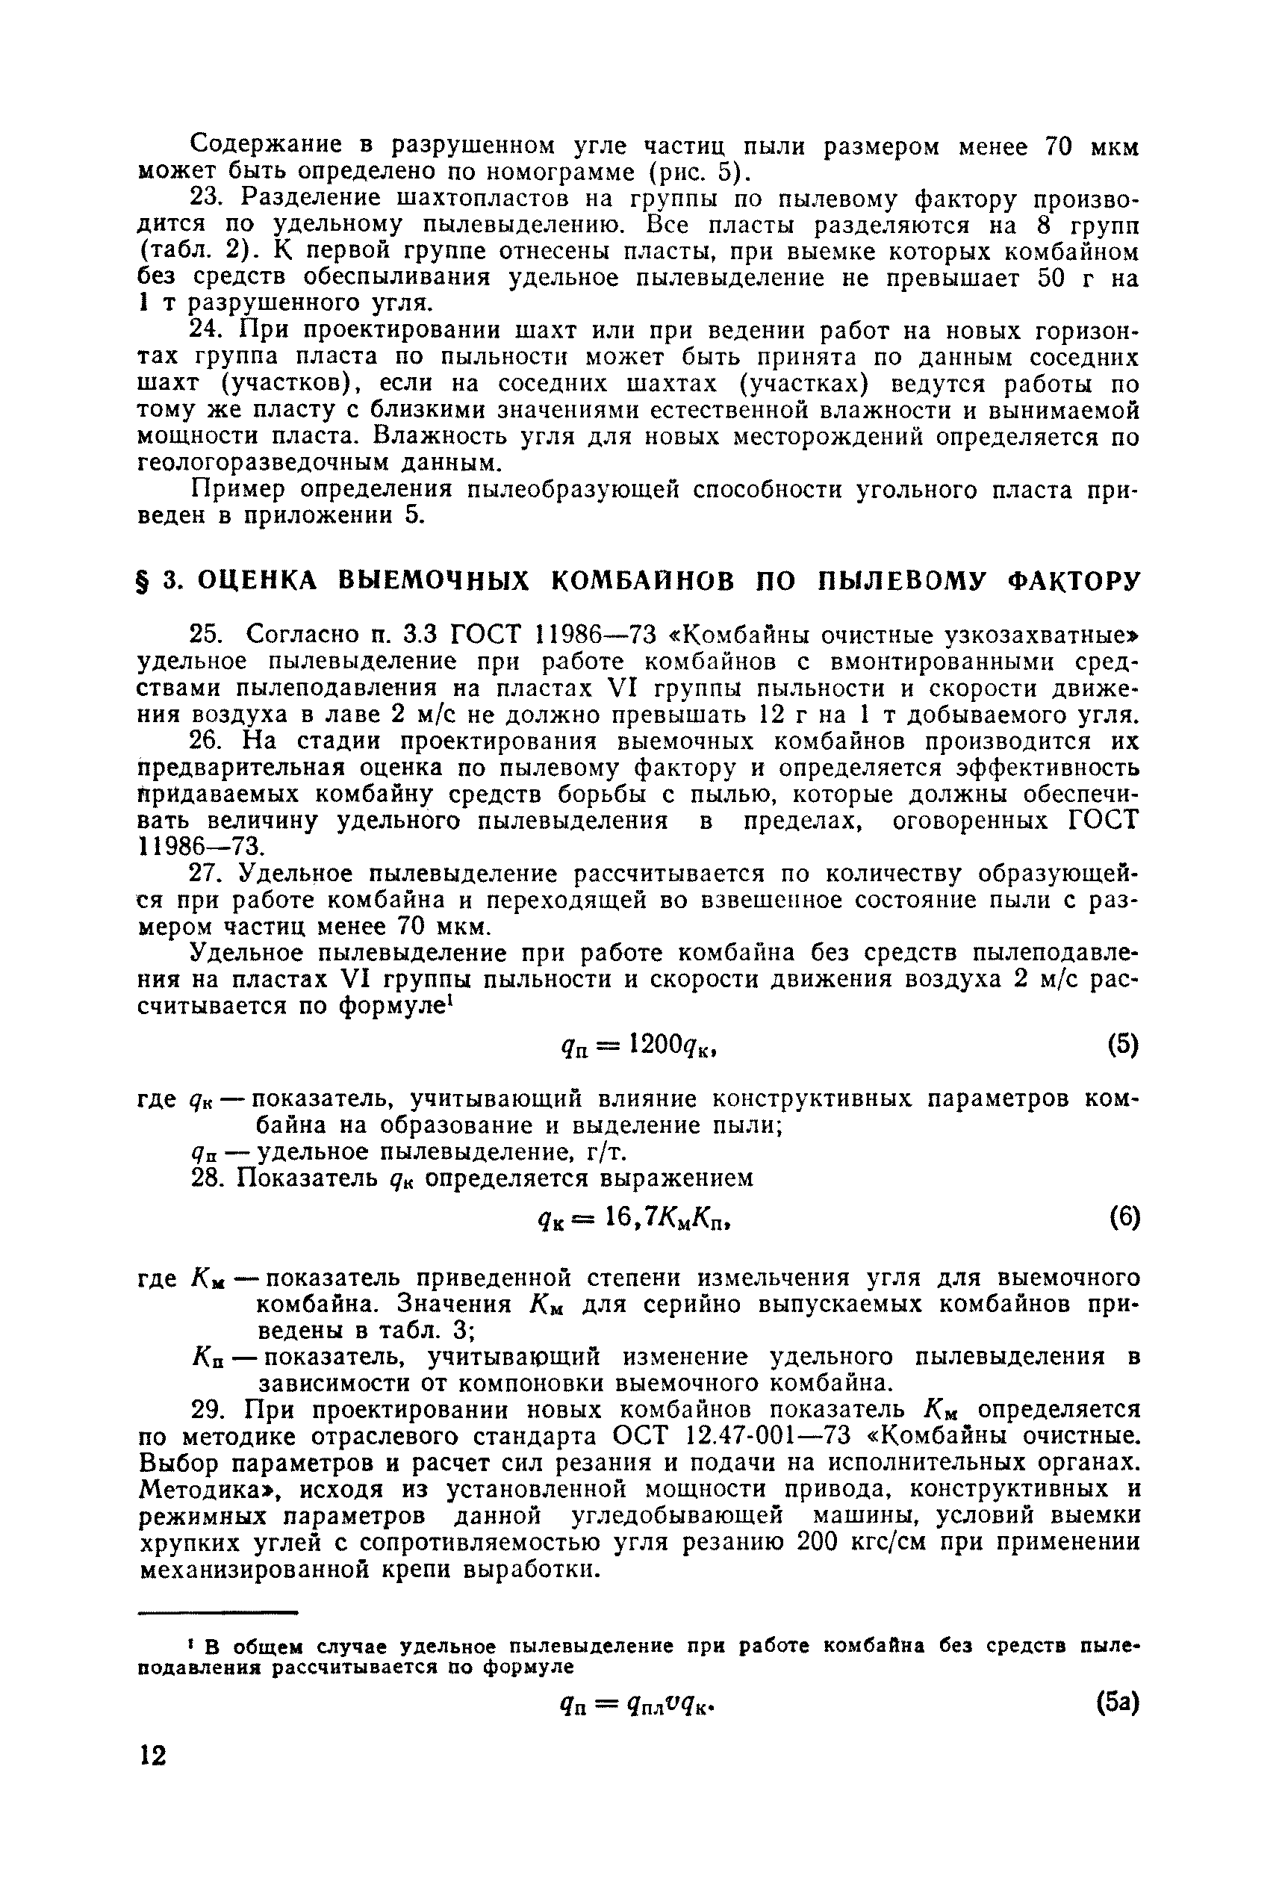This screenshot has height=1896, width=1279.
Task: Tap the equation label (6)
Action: (1123, 1218)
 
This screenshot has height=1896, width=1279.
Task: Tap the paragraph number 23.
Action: (205, 199)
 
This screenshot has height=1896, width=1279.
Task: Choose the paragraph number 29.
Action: (205, 1410)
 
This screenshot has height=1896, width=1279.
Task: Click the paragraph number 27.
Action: (205, 874)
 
